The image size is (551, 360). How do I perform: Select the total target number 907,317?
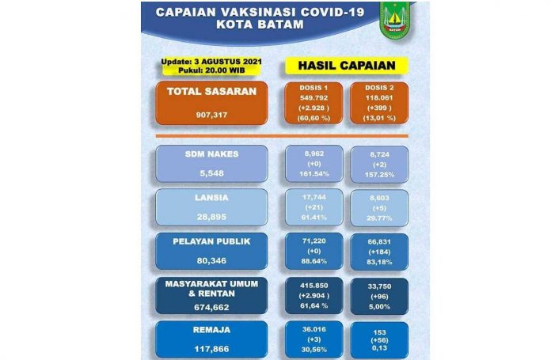tap(206, 113)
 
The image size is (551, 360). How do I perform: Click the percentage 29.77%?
tap(379, 216)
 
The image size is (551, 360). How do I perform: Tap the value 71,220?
tap(313, 237)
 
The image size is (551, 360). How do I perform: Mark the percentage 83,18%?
tap(379, 261)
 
